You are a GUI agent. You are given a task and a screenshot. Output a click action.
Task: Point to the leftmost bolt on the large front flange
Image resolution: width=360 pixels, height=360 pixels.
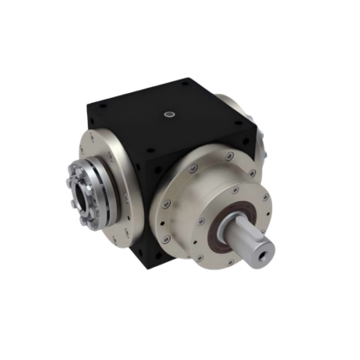click(x=167, y=202)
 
